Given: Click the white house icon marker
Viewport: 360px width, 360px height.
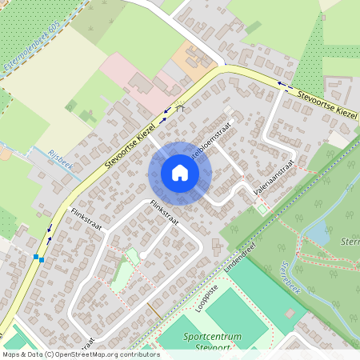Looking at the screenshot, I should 180,173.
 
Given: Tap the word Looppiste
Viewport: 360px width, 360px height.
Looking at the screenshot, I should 206,297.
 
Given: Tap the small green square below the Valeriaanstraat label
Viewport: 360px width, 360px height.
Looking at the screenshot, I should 262,210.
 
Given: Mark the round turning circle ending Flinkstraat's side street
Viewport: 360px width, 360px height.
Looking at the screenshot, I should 142,255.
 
